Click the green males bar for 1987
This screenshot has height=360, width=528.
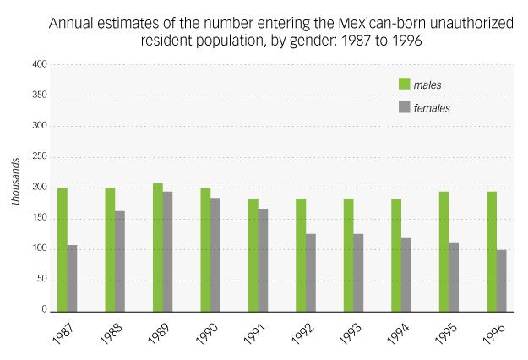(x=63, y=249)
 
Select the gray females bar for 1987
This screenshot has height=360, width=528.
(x=72, y=278)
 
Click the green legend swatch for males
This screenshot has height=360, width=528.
(x=404, y=85)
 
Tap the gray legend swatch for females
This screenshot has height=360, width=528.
(x=404, y=108)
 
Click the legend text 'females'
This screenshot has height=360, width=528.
(x=432, y=108)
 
